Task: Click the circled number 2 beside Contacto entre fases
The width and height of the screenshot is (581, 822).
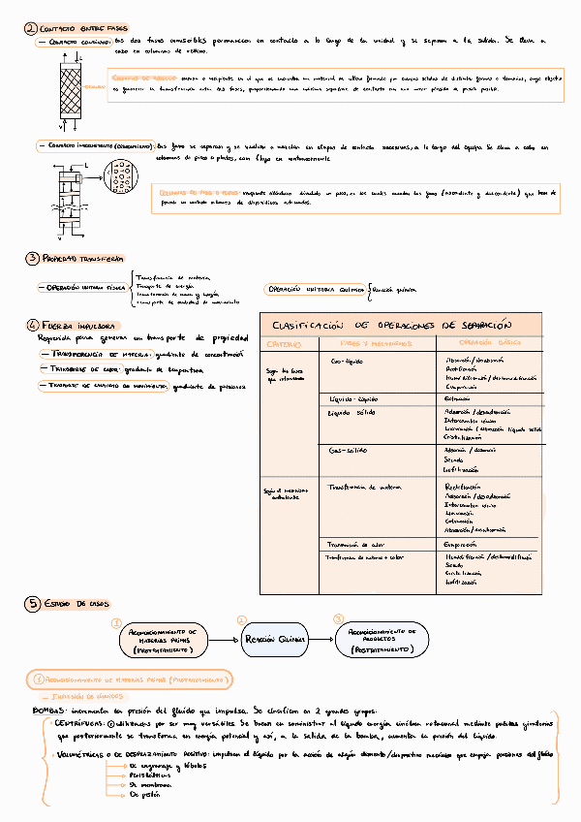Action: click(30, 29)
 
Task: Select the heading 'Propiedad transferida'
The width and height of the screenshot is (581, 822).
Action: click(82, 259)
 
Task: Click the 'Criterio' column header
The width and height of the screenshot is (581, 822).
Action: click(285, 345)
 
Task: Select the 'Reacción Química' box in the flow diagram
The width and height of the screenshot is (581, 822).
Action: click(273, 640)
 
